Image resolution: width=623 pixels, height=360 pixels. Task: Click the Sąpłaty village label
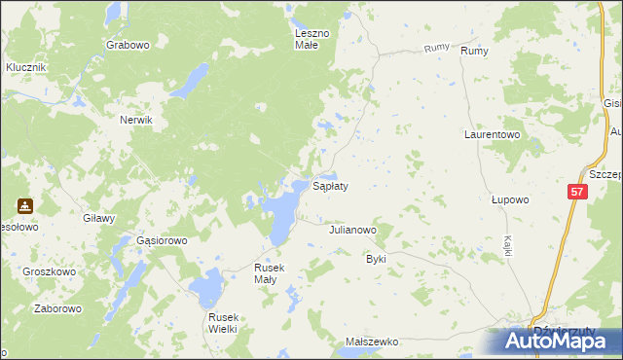pos(329,185)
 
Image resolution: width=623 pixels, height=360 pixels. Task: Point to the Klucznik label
pos(26,67)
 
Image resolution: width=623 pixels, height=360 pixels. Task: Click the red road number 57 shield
pos(577,194)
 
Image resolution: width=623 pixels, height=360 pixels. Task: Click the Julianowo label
pos(352,231)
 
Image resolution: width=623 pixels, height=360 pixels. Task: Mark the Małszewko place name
pos(373,342)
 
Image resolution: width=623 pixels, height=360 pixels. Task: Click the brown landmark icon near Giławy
pos(25,206)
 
